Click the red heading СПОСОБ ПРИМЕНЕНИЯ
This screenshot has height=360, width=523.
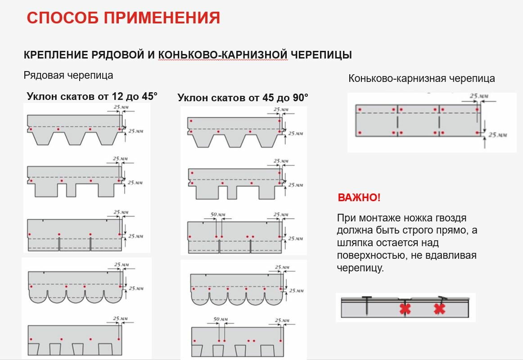click(x=123, y=18)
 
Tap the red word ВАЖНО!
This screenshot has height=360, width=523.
click(x=359, y=198)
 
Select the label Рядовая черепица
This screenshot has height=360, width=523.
click(x=68, y=75)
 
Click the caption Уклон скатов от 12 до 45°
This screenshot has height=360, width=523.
click(x=92, y=96)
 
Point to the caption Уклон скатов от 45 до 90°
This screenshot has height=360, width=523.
click(x=243, y=98)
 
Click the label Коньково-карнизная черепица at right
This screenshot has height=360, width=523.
click(x=421, y=79)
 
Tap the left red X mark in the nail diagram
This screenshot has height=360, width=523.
click(x=405, y=309)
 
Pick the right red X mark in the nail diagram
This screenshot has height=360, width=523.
click(x=439, y=309)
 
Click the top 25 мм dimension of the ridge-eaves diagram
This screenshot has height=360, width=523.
click(x=479, y=96)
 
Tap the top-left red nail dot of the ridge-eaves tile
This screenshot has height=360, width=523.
click(x=360, y=109)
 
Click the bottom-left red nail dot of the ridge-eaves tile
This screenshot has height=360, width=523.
click(x=360, y=133)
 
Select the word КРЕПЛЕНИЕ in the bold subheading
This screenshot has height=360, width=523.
click(x=56, y=55)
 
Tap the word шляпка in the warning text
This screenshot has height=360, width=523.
click(x=353, y=243)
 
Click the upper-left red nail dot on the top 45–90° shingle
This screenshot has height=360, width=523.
click(x=191, y=121)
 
